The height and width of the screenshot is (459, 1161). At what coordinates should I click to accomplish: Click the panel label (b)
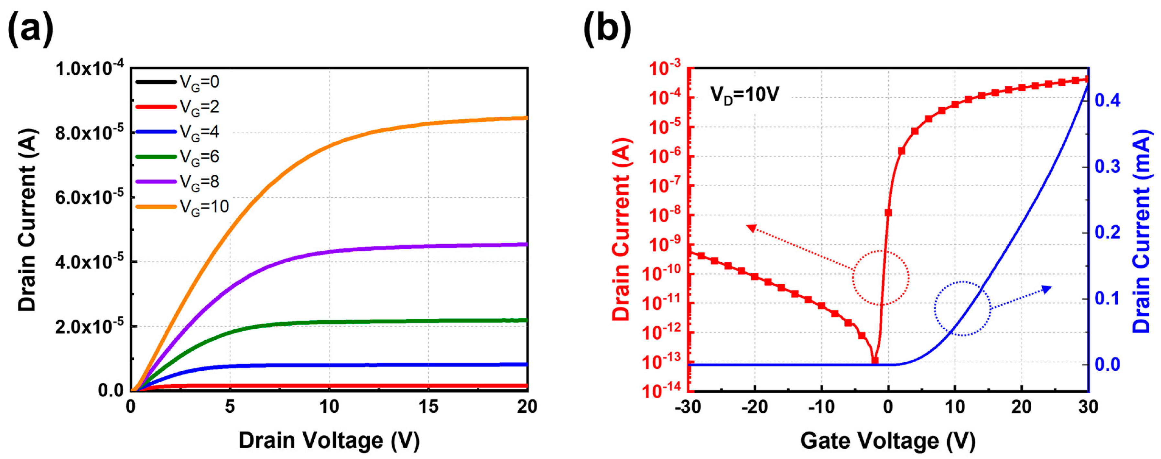(x=607, y=28)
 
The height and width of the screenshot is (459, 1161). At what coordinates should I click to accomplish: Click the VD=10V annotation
(x=744, y=95)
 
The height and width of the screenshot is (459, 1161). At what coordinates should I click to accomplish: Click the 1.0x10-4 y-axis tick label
(x=89, y=69)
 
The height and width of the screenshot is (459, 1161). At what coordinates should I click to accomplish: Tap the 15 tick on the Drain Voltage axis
(x=428, y=407)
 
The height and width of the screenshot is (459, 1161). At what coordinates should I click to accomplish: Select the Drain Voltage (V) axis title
(x=329, y=441)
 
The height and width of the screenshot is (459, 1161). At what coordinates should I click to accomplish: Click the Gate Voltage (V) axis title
(x=888, y=441)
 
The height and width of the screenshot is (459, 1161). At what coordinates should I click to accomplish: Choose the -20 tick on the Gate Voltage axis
(x=754, y=407)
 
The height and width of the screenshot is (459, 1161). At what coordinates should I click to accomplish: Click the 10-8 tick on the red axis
(x=665, y=215)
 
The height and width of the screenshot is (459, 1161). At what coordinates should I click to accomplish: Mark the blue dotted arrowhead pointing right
(x=1047, y=289)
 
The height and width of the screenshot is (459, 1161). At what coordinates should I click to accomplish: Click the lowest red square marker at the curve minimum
(x=875, y=361)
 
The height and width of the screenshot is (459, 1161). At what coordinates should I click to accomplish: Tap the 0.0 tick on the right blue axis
(x=1107, y=364)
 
